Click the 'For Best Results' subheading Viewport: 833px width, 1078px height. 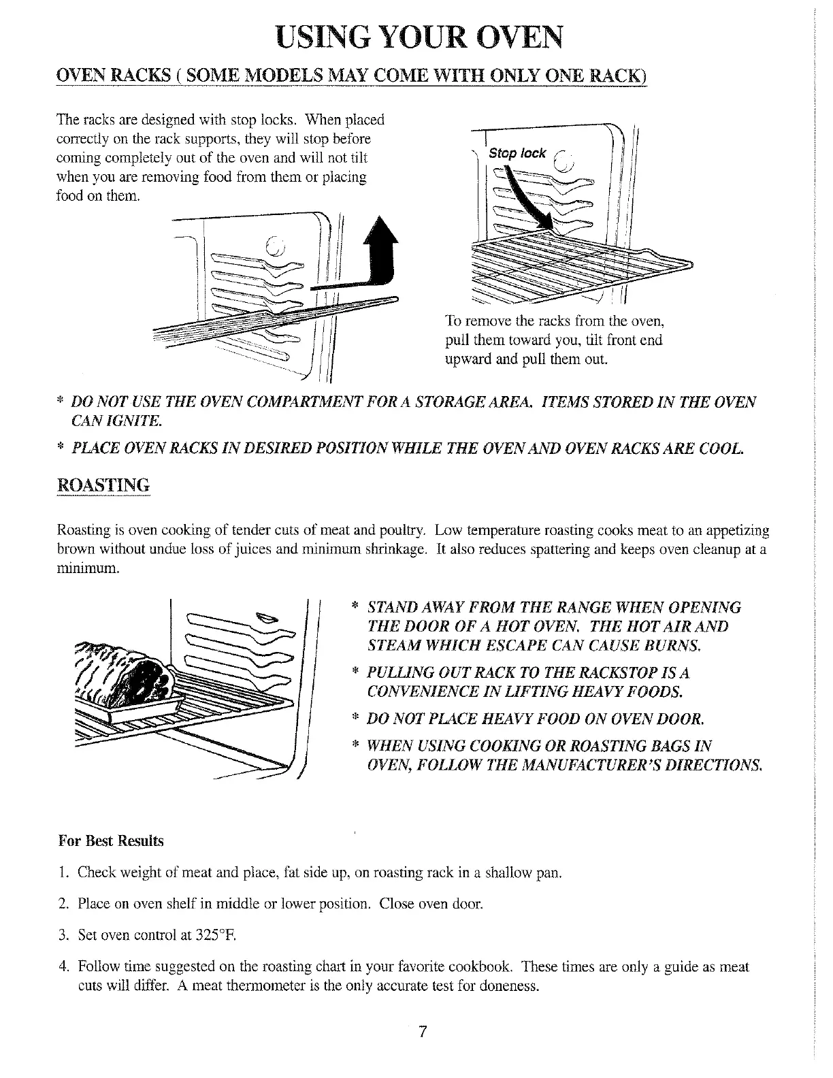(111, 840)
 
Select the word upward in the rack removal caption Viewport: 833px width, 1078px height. (464, 359)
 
